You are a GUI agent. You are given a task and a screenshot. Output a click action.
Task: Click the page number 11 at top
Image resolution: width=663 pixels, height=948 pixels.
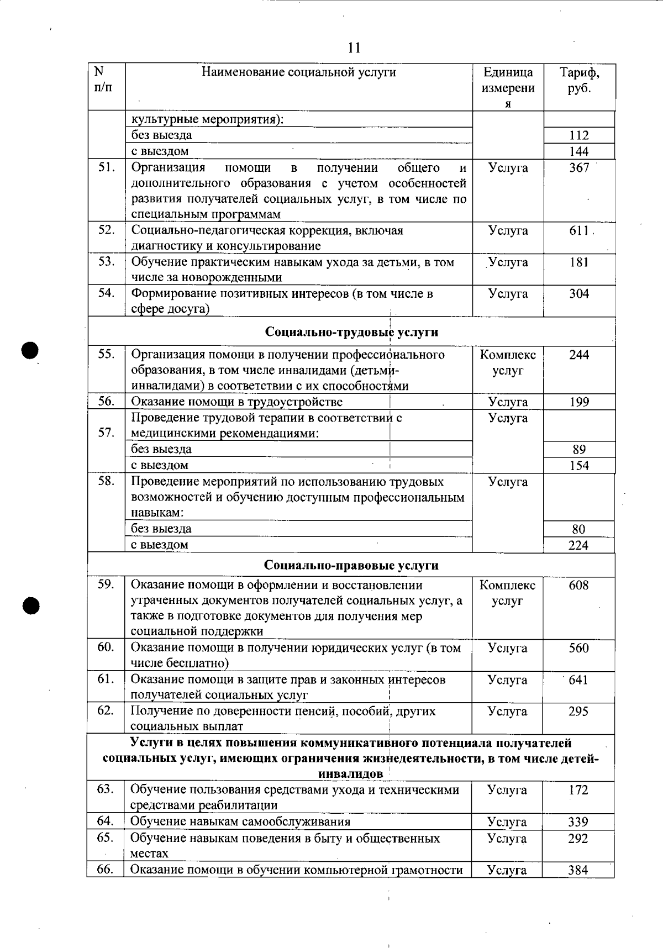pos(354,48)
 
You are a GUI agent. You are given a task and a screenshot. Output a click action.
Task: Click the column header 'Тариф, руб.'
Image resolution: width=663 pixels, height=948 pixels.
pos(579,81)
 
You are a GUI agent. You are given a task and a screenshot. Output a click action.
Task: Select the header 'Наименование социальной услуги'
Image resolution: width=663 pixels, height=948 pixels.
pos(298,72)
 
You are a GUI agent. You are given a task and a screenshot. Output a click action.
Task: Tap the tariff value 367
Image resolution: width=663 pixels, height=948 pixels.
pos(579,168)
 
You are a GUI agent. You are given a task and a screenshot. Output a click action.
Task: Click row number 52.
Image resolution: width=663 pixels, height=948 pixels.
pos(106,230)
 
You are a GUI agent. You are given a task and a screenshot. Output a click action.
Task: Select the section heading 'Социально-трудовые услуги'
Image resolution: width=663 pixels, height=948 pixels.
pos(352,332)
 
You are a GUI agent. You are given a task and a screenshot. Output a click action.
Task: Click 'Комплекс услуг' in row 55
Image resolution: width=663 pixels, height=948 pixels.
pos(508,363)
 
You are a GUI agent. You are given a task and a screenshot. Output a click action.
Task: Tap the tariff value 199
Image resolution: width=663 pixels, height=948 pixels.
pos(579,402)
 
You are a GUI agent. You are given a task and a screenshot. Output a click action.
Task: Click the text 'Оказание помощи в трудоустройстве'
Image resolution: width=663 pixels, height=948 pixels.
pos(236,402)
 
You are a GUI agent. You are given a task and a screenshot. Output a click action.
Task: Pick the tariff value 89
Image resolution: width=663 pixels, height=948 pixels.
pos(579,450)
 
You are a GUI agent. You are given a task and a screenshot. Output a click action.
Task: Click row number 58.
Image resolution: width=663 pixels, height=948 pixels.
pos(106,481)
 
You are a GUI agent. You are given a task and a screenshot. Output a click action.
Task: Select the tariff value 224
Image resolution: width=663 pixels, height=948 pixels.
pos(578,545)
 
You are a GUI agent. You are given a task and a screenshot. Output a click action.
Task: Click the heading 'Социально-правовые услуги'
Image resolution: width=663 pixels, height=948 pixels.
pos(351,565)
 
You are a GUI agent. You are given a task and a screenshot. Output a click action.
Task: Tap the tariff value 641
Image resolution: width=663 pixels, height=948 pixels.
pos(578,680)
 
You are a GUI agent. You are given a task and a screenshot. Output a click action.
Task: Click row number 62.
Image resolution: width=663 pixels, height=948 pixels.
pos(106,711)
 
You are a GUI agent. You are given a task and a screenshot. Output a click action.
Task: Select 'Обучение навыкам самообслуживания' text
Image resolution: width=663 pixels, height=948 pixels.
pos(240,822)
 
